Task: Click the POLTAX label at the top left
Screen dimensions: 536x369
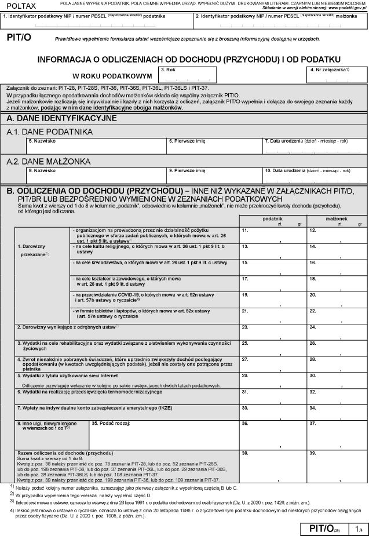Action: tap(20, 5)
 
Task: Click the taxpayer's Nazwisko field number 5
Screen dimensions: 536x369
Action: tap(96, 145)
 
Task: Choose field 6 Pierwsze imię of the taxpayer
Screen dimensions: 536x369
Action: tap(214, 145)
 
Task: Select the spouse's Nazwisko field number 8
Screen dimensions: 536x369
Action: tap(96, 176)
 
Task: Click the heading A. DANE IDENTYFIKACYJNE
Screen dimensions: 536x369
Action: tap(61, 118)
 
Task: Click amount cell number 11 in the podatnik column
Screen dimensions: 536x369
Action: tap(272, 235)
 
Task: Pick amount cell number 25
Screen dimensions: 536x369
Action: tap(272, 347)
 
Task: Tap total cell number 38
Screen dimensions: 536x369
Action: tap(272, 466)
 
